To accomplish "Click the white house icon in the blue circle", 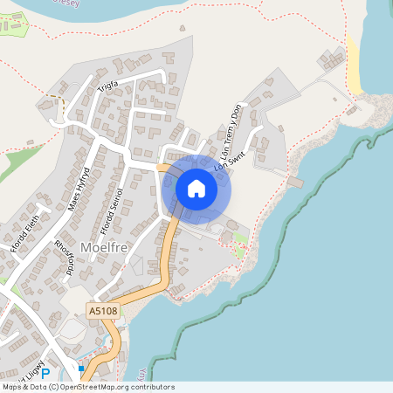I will coord(196,189).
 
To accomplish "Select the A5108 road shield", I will coord(101,309).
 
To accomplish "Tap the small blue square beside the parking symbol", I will coord(81,369).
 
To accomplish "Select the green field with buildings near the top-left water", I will coord(15,28).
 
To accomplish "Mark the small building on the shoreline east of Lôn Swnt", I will coord(294,183).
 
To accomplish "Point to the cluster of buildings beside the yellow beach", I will coord(333,59).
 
